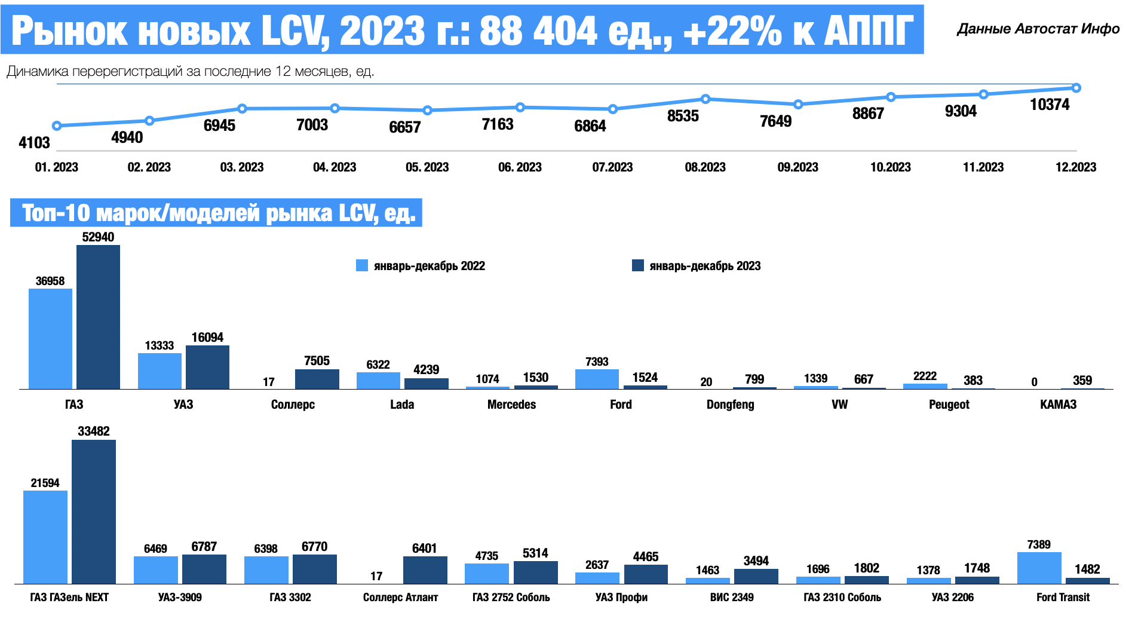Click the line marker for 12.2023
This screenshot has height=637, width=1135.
pos(1076,88)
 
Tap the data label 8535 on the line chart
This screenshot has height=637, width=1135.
pos(683,116)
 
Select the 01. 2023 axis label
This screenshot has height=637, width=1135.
pos(57,167)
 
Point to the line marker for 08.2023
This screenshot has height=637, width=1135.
pos(705,99)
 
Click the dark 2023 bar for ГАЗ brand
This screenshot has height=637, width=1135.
pos(98,317)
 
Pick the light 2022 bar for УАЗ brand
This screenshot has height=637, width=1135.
pos(159,370)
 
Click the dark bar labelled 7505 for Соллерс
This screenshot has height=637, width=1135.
pos(317,379)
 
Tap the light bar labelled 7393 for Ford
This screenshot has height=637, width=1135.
pos(597,379)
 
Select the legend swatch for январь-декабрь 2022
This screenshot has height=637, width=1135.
pos(362,265)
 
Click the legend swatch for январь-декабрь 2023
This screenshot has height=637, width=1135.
pos(637,265)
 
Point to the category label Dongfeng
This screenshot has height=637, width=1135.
pos(730,405)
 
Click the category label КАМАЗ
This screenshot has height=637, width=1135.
pos(1058,405)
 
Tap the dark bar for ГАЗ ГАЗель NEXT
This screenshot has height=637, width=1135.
pos(94,512)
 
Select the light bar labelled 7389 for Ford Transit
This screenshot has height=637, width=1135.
pos(1039,568)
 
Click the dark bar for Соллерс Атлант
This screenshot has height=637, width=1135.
pos(425,569)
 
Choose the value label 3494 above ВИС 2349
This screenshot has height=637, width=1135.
pos(756,561)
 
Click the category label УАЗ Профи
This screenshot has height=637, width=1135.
pos(621,597)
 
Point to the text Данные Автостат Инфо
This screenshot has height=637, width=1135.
pos(1038,29)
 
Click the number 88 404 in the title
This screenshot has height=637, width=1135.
pos(538,31)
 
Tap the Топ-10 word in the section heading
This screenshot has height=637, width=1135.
pos(56,213)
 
